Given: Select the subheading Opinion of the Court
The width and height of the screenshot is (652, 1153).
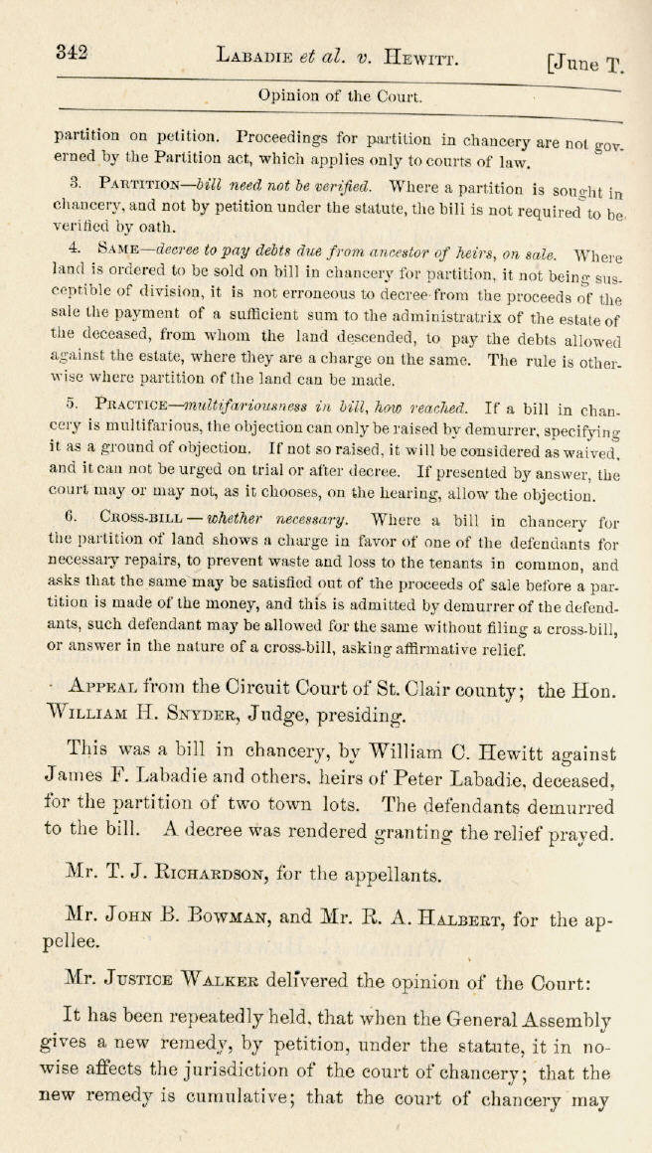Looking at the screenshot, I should point(340,96).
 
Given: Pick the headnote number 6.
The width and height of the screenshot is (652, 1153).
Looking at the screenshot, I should point(71,517).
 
